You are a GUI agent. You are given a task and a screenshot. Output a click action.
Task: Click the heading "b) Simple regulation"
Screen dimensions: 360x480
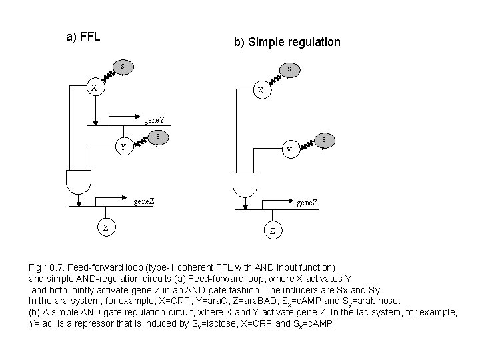[287, 42]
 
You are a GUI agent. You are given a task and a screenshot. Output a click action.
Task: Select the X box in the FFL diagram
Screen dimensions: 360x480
[94, 88]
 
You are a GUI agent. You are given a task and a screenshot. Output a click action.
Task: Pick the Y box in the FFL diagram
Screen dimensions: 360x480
[121, 147]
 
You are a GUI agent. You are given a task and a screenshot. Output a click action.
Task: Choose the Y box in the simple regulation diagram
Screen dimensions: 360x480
[289, 151]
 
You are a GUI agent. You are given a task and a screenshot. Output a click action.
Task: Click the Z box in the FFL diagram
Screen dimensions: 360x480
[105, 228]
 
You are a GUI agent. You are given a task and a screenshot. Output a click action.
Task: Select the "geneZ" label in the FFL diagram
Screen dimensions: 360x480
[145, 200]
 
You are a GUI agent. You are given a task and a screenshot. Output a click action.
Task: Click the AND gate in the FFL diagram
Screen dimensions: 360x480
[79, 179]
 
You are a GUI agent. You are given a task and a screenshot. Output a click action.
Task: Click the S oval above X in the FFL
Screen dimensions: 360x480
[122, 66]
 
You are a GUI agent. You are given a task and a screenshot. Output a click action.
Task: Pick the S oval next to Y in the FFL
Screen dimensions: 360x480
[157, 137]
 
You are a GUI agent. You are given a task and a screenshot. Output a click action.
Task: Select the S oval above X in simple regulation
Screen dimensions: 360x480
[289, 69]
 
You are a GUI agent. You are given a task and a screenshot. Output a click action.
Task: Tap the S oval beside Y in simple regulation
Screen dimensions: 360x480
[323, 140]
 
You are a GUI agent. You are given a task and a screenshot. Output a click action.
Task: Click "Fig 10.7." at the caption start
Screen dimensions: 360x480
[46, 267]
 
